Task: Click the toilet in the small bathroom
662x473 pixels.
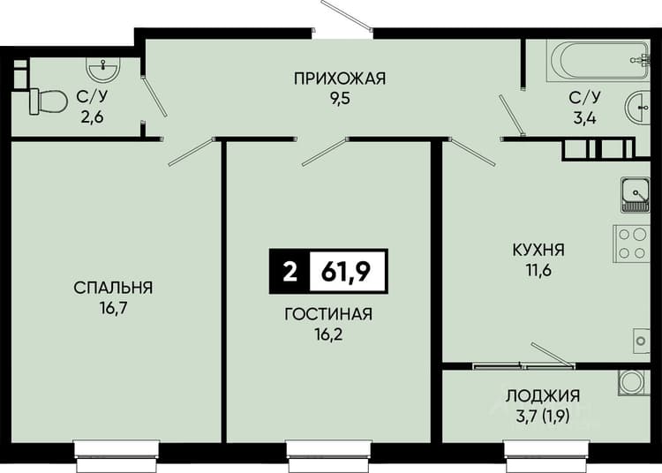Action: point(48,101)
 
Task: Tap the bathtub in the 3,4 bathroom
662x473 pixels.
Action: point(598,60)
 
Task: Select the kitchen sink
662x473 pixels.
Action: point(635,194)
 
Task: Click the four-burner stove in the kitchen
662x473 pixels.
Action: point(632,244)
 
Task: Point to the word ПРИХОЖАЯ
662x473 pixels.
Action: point(340,79)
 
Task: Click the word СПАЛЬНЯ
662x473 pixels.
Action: point(113,288)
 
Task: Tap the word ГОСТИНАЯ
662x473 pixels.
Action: point(328,314)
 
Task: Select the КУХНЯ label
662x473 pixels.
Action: point(538,250)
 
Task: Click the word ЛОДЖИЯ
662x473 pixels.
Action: point(543,395)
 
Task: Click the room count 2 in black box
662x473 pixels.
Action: point(290,272)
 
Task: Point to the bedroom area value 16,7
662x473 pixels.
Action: point(113,309)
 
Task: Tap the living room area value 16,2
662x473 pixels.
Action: point(328,335)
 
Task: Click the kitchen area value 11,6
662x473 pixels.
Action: point(538,270)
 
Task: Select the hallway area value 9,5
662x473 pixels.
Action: point(341,100)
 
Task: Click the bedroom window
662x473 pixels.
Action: point(117,455)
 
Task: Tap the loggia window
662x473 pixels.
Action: point(546,455)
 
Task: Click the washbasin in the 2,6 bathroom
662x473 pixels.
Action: point(103,68)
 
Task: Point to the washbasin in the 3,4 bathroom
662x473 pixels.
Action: point(637,109)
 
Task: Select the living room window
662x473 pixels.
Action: point(329,455)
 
